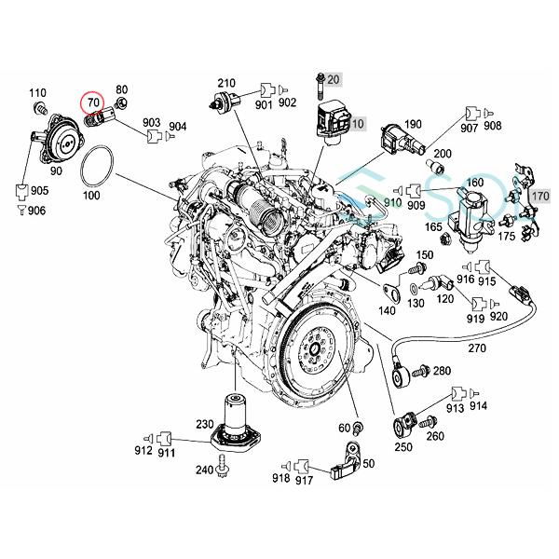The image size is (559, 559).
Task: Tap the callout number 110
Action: pos(38,92)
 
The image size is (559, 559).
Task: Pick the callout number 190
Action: pos(414,123)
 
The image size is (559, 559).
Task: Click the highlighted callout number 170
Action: pos(539,197)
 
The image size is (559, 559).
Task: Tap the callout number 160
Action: pos(475,183)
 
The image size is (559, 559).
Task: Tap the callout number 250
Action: pos(403,446)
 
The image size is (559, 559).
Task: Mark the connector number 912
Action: pos(143,437)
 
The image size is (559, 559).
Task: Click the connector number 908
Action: pos(492,125)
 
